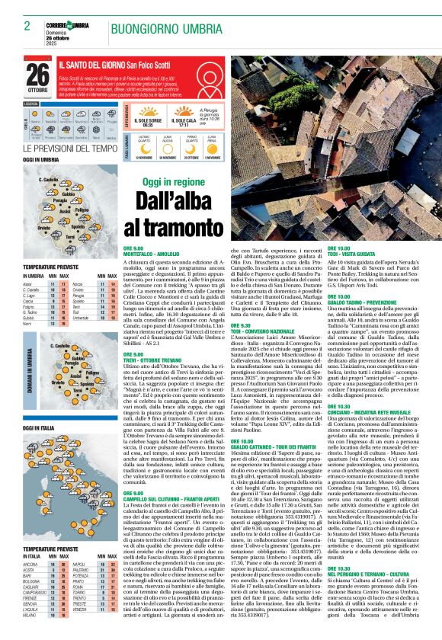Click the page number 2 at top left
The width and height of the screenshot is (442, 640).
coord(27,26)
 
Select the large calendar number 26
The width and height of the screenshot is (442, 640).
coord(38,75)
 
